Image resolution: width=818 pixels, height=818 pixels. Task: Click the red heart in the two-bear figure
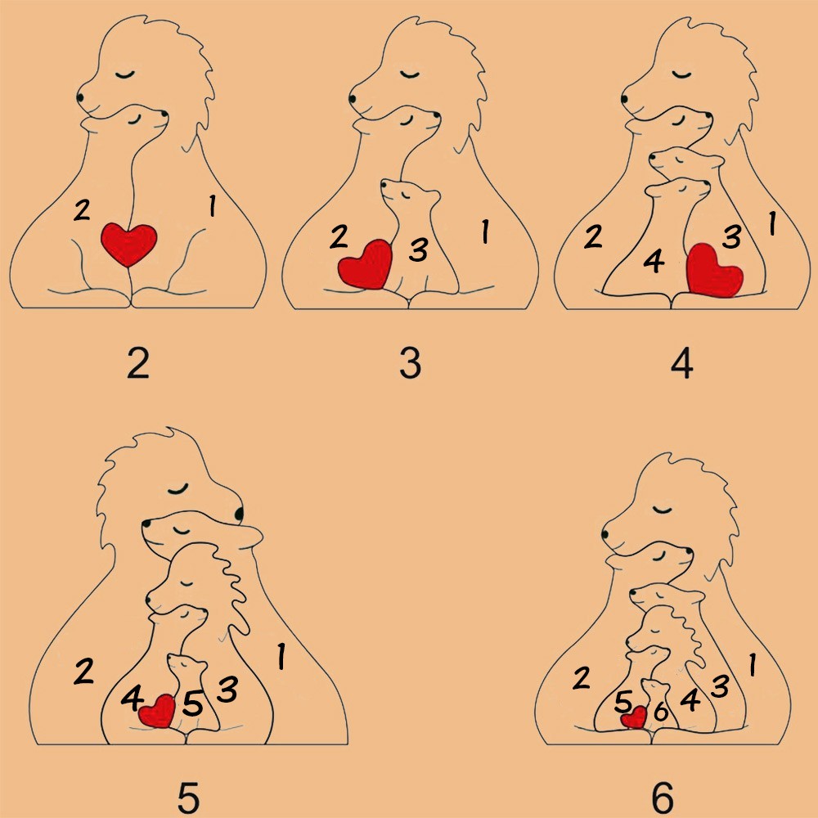pos(129,244)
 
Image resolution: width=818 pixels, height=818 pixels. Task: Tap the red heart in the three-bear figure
pos(366,264)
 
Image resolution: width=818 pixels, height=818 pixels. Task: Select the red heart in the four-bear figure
pos(713,271)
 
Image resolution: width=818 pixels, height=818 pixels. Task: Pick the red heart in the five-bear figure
pos(157,712)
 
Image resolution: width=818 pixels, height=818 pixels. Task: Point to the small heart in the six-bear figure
pos(635,717)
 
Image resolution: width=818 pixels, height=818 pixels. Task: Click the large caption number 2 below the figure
pos(138,363)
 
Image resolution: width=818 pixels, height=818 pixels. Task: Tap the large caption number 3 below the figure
pos(411,363)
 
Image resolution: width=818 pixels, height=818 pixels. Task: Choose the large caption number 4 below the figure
pos(682,363)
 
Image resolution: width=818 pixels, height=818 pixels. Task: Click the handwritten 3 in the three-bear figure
pos(418,249)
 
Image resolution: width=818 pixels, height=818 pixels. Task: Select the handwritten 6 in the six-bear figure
pos(661,711)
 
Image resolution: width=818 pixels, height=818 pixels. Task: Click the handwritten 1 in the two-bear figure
pos(212,205)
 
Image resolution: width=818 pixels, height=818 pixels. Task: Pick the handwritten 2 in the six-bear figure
pos(581,678)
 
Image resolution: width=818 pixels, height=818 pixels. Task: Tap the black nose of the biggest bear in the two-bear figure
pos(80,97)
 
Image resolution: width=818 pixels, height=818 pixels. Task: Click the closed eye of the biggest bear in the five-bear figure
pos(178,489)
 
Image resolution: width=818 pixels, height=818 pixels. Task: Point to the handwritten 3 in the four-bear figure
pos(732,236)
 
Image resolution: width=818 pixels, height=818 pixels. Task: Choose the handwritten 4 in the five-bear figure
pos(132,698)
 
